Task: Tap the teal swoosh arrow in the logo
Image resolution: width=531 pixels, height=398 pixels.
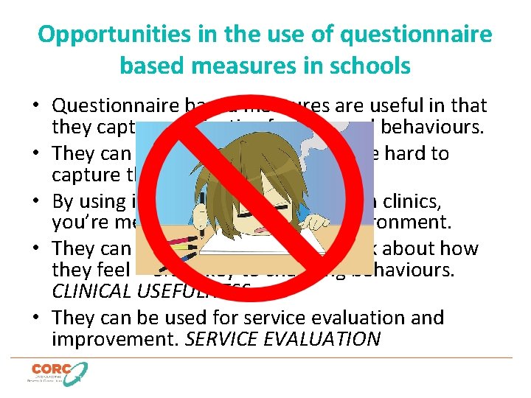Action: pos(76,372)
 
